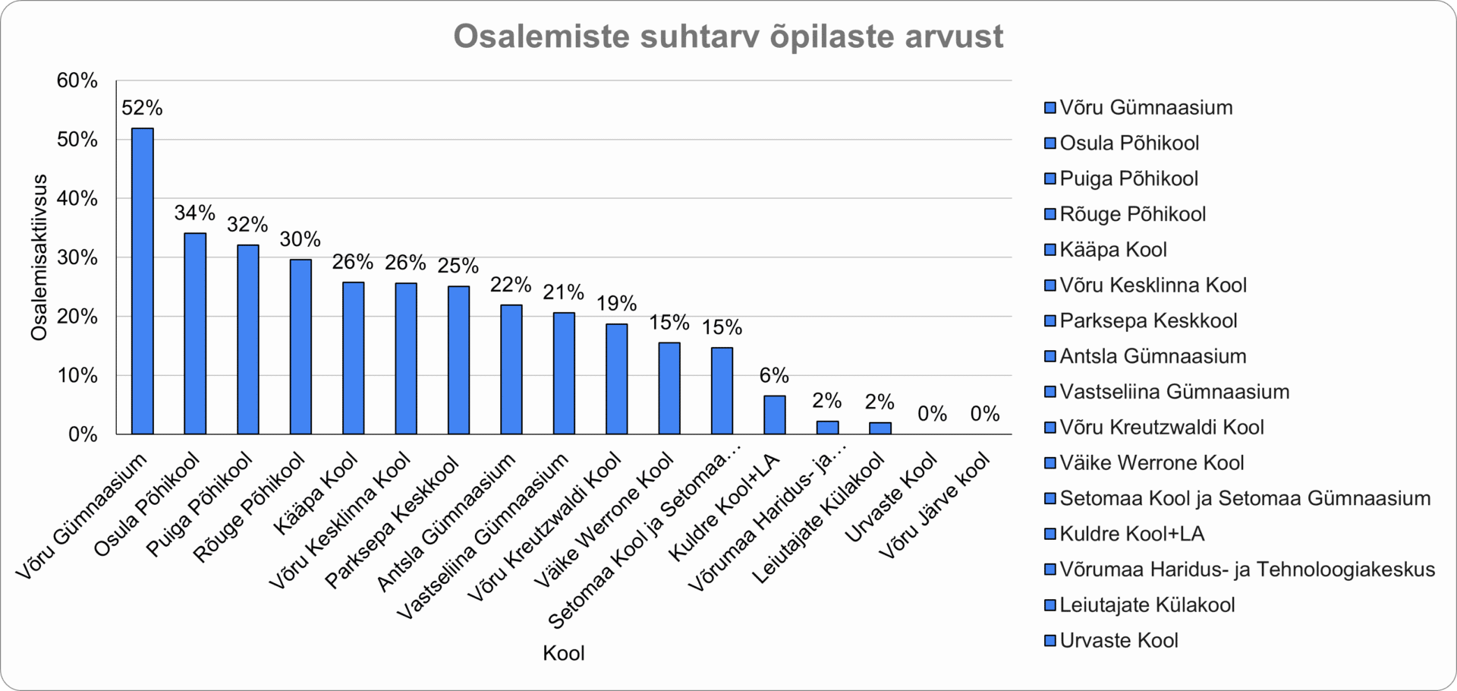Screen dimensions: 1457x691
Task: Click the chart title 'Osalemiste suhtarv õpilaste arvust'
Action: click(x=728, y=36)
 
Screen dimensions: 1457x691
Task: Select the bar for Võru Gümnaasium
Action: click(x=143, y=281)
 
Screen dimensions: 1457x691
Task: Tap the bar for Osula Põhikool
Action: click(x=195, y=333)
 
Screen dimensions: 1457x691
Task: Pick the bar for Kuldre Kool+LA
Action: click(x=775, y=415)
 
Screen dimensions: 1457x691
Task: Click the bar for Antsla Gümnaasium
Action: click(x=511, y=369)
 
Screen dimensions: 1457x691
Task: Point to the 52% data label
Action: click(x=143, y=108)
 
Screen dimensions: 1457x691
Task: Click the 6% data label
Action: click(x=775, y=375)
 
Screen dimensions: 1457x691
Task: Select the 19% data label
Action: click(x=616, y=304)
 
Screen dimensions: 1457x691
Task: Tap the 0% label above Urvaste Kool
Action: click(x=933, y=414)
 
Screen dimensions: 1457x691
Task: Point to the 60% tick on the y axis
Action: click(x=77, y=80)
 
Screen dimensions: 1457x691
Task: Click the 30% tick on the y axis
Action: click(x=77, y=257)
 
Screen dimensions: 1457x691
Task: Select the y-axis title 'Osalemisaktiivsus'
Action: click(x=39, y=257)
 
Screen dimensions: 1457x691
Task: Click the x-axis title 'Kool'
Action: click(x=564, y=654)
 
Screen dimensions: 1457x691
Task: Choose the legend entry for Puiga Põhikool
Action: click(x=1122, y=178)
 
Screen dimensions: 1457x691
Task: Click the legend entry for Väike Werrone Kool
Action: click(x=1144, y=462)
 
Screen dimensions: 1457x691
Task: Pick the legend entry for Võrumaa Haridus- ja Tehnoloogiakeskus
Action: click(x=1240, y=570)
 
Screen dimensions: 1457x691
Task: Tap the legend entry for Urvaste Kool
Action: click(x=1112, y=640)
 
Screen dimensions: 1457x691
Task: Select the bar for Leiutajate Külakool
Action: click(x=880, y=428)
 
